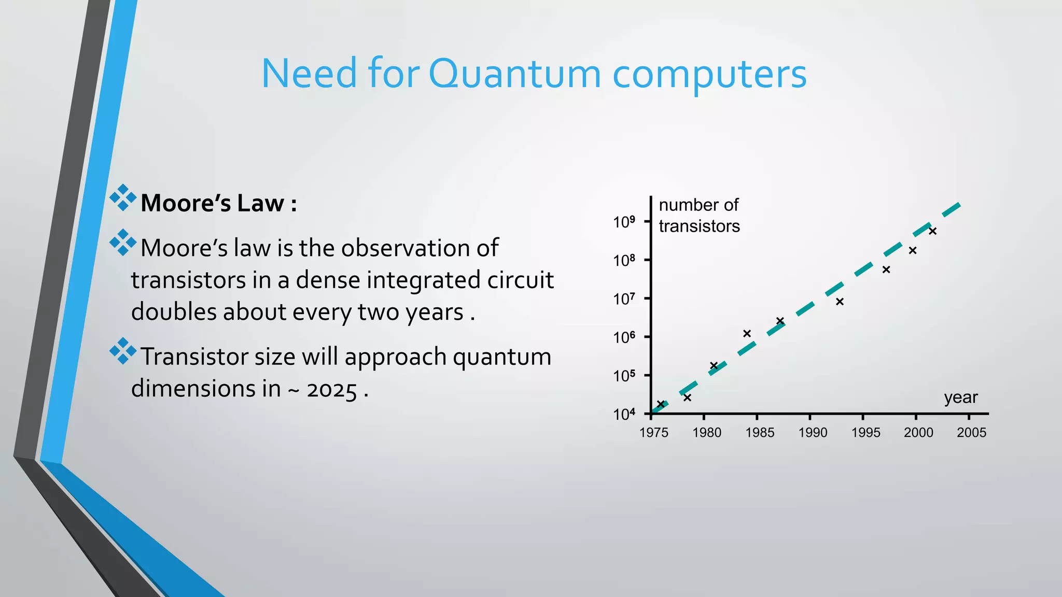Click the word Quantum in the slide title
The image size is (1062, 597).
(514, 74)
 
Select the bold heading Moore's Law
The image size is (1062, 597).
(218, 203)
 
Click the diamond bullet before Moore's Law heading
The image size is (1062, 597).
(123, 197)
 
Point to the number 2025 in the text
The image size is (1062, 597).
(332, 390)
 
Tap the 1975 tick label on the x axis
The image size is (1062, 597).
(654, 433)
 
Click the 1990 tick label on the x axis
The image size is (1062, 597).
(813, 433)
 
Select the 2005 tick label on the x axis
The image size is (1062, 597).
(971, 433)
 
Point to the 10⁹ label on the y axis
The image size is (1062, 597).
(624, 222)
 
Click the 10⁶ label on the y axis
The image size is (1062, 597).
(624, 338)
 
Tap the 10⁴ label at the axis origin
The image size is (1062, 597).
(624, 415)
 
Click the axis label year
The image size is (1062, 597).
(960, 397)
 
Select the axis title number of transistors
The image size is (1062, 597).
(699, 216)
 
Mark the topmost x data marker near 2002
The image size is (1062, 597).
(932, 231)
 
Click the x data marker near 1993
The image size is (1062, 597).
(840, 302)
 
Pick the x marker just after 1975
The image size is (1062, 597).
(661, 404)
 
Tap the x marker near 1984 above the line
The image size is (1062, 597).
(747, 334)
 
